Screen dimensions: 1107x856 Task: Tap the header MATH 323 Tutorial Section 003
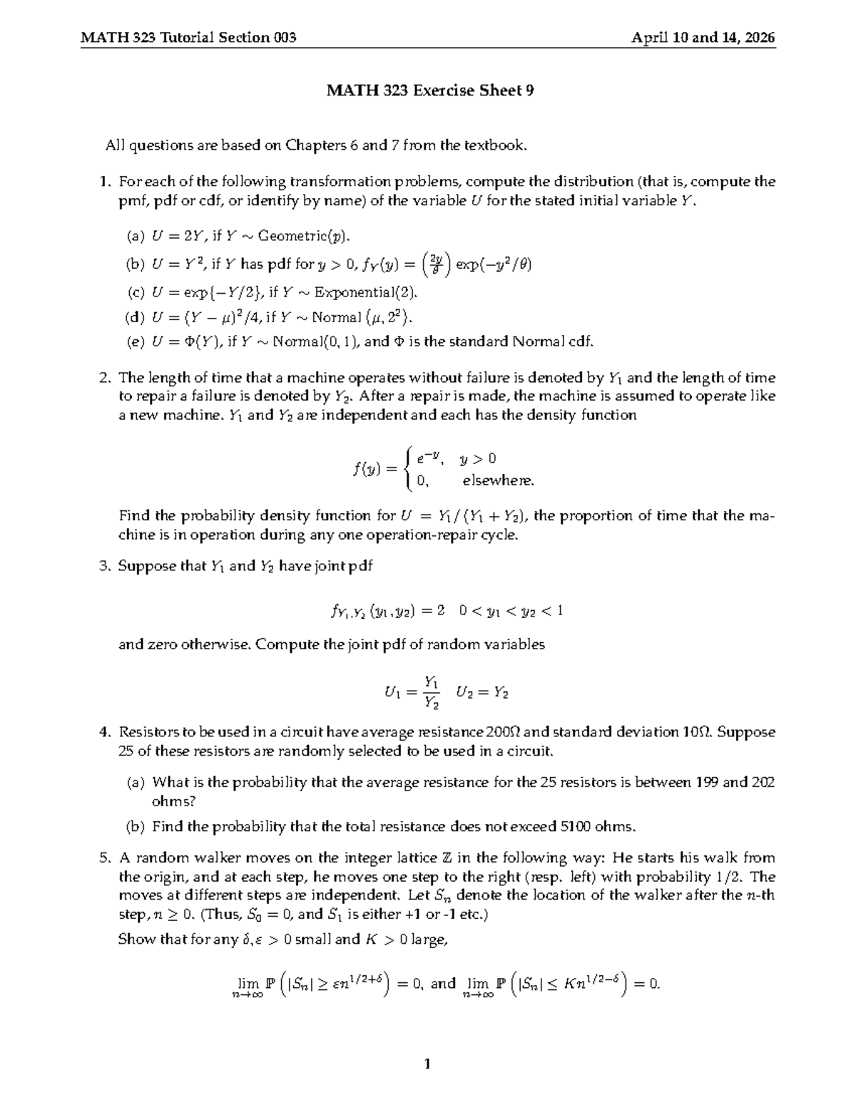coord(188,38)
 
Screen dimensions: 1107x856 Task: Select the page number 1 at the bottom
coord(427,1065)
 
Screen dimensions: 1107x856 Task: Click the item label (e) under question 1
coord(136,341)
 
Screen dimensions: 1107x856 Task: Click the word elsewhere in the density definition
coord(498,480)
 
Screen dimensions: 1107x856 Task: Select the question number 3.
coord(104,566)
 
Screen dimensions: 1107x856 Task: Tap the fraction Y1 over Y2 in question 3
coord(431,692)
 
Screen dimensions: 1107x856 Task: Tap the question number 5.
coord(104,858)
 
